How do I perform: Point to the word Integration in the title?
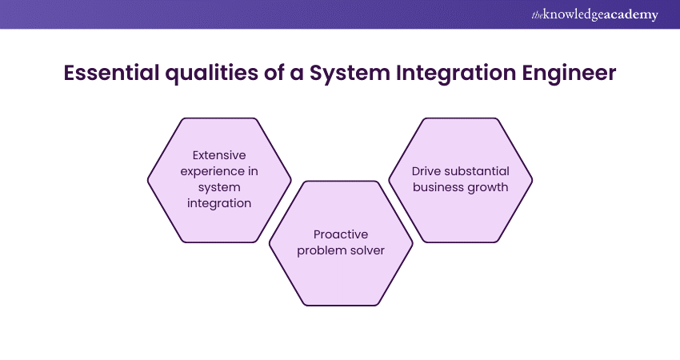tap(448, 73)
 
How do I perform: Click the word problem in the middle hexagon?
tap(323, 250)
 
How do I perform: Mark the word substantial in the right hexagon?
tap(477, 171)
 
